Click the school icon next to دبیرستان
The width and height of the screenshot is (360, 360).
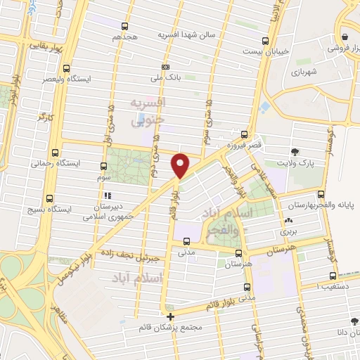[107, 195]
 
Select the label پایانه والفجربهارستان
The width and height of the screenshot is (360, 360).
[314, 205]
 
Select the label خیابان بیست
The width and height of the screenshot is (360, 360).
[262, 51]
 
